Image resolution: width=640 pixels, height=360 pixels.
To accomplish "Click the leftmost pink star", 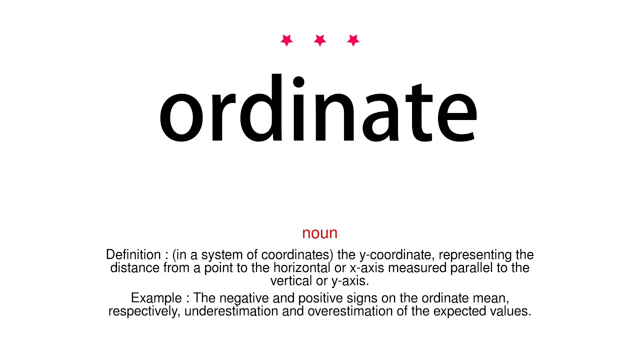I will [x=286, y=40].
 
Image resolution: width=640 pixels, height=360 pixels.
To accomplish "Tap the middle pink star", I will [x=320, y=40].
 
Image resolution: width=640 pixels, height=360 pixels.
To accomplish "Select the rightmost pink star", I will [x=353, y=40].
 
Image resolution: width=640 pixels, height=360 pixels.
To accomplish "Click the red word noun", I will [x=320, y=233].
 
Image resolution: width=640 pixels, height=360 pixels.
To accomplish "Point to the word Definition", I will [x=133, y=255].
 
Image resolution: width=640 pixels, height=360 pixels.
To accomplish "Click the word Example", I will [x=155, y=298].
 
